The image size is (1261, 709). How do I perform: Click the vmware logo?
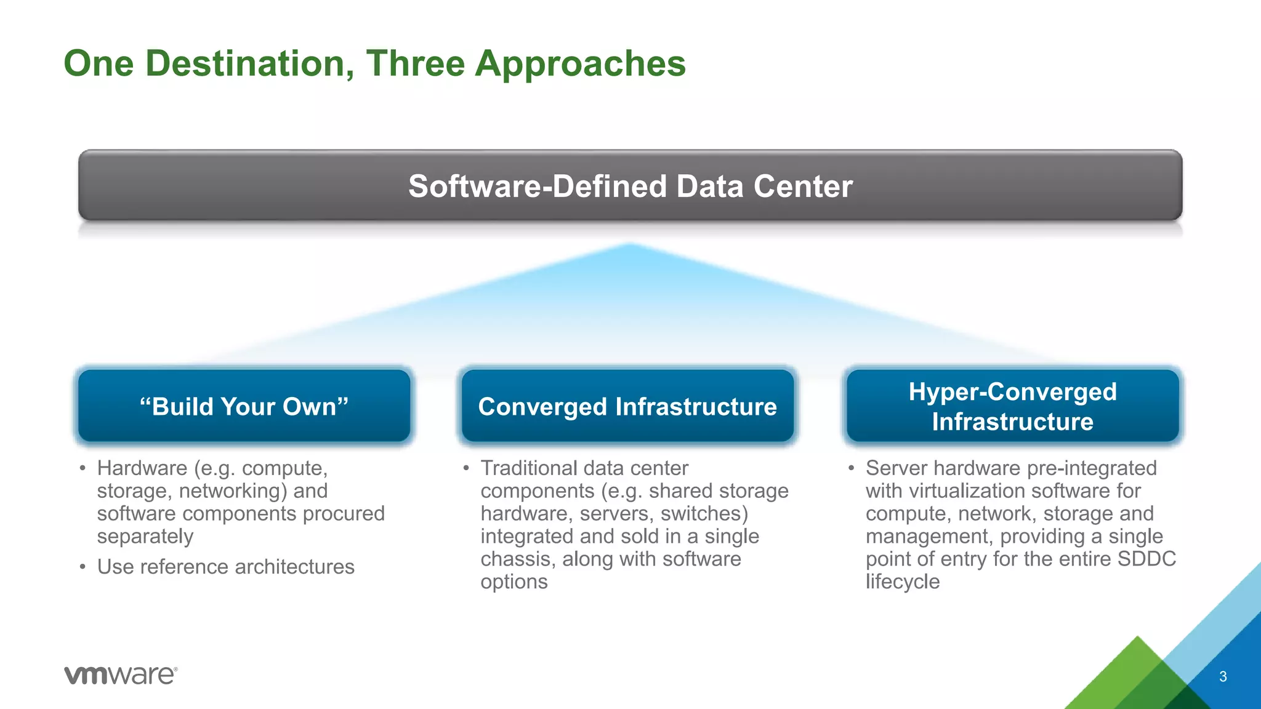121,675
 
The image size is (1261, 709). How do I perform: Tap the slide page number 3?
1223,677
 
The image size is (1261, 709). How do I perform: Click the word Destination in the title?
249,63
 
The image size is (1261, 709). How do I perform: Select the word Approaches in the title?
580,63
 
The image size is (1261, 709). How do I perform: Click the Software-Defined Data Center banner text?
630,186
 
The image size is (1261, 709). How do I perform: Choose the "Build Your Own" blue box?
244,406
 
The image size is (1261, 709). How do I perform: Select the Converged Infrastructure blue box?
627,406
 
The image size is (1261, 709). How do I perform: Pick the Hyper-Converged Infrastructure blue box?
1012,406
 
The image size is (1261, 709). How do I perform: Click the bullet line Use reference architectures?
225,567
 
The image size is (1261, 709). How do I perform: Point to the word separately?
145,537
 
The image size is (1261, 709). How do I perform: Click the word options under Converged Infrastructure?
514,582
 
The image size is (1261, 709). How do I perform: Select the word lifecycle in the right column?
902,582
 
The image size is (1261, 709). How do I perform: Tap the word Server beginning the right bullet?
896,468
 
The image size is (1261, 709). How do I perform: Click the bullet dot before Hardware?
83,468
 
